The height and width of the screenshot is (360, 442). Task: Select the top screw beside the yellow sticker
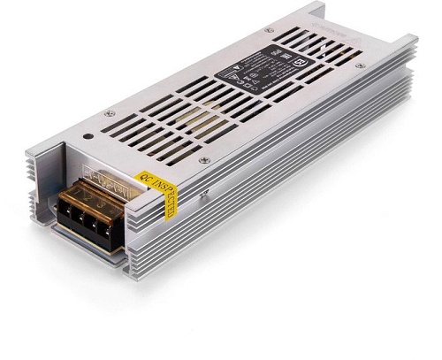[204, 159]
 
